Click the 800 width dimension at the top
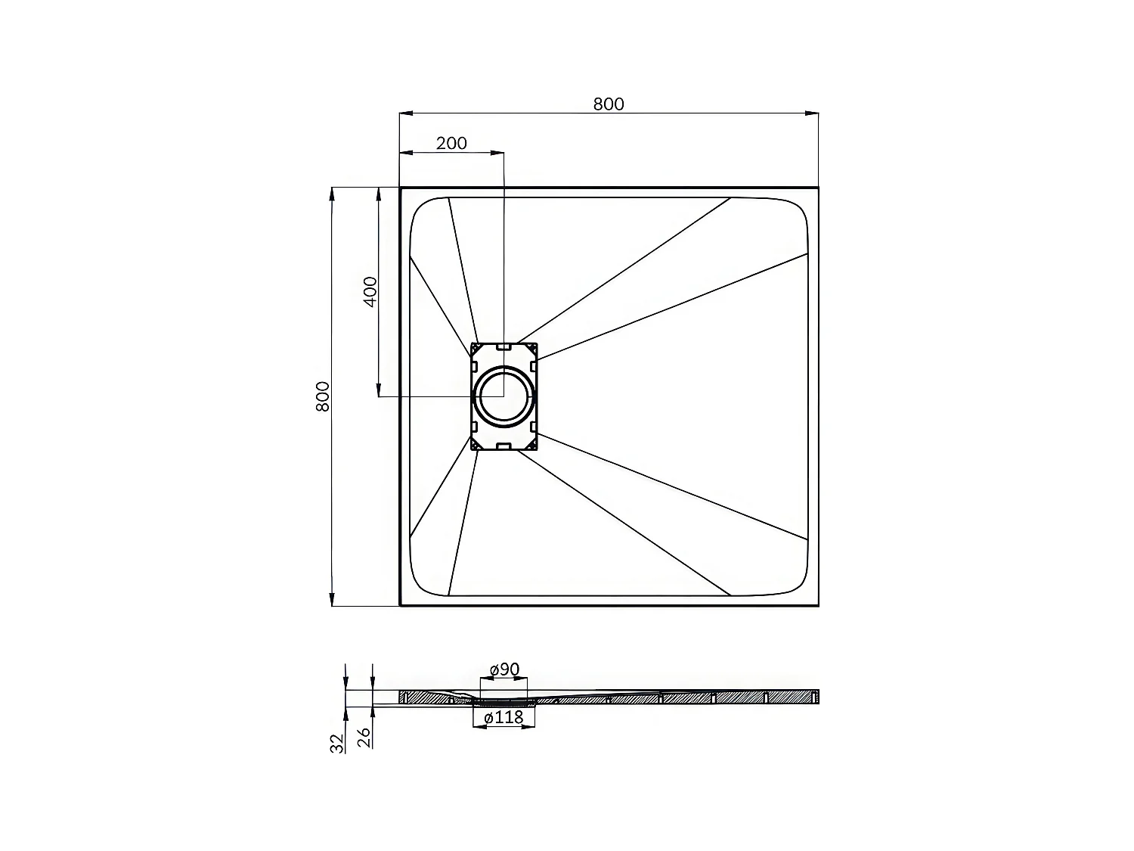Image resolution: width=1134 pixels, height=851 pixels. (609, 104)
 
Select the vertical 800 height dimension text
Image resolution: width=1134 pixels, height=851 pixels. (323, 396)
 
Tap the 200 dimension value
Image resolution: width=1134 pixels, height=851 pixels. (451, 143)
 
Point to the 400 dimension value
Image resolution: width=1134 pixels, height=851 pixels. (370, 292)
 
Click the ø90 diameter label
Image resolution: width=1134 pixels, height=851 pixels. (504, 669)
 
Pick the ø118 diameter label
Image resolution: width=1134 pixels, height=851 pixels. (504, 718)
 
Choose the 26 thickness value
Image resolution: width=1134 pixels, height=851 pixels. (364, 738)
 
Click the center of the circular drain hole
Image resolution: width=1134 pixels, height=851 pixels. (503, 396)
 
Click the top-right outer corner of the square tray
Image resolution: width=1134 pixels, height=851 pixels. (818, 187)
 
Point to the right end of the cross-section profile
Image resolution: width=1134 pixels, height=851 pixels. (817, 696)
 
